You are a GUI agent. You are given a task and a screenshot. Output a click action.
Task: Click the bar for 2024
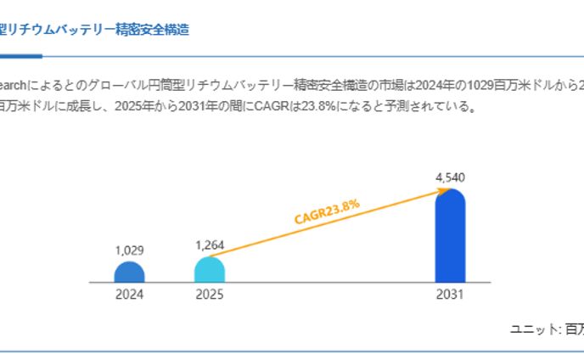pos(130,273)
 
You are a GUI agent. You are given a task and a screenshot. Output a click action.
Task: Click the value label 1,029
pos(130,250)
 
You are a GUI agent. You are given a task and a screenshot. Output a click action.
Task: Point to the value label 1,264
pos(210,245)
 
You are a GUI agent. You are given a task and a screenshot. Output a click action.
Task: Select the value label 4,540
pos(450,177)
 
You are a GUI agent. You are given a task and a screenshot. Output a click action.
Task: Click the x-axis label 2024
pos(130,295)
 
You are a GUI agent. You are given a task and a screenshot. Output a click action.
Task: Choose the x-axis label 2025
pos(210,295)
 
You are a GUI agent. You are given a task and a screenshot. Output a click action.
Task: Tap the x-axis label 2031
pos(450,295)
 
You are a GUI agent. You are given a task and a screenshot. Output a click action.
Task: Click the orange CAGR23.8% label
pos(328,211)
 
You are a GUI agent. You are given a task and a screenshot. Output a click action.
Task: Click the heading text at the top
pos(93,30)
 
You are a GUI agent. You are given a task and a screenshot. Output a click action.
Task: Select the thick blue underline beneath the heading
pos(20,57)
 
